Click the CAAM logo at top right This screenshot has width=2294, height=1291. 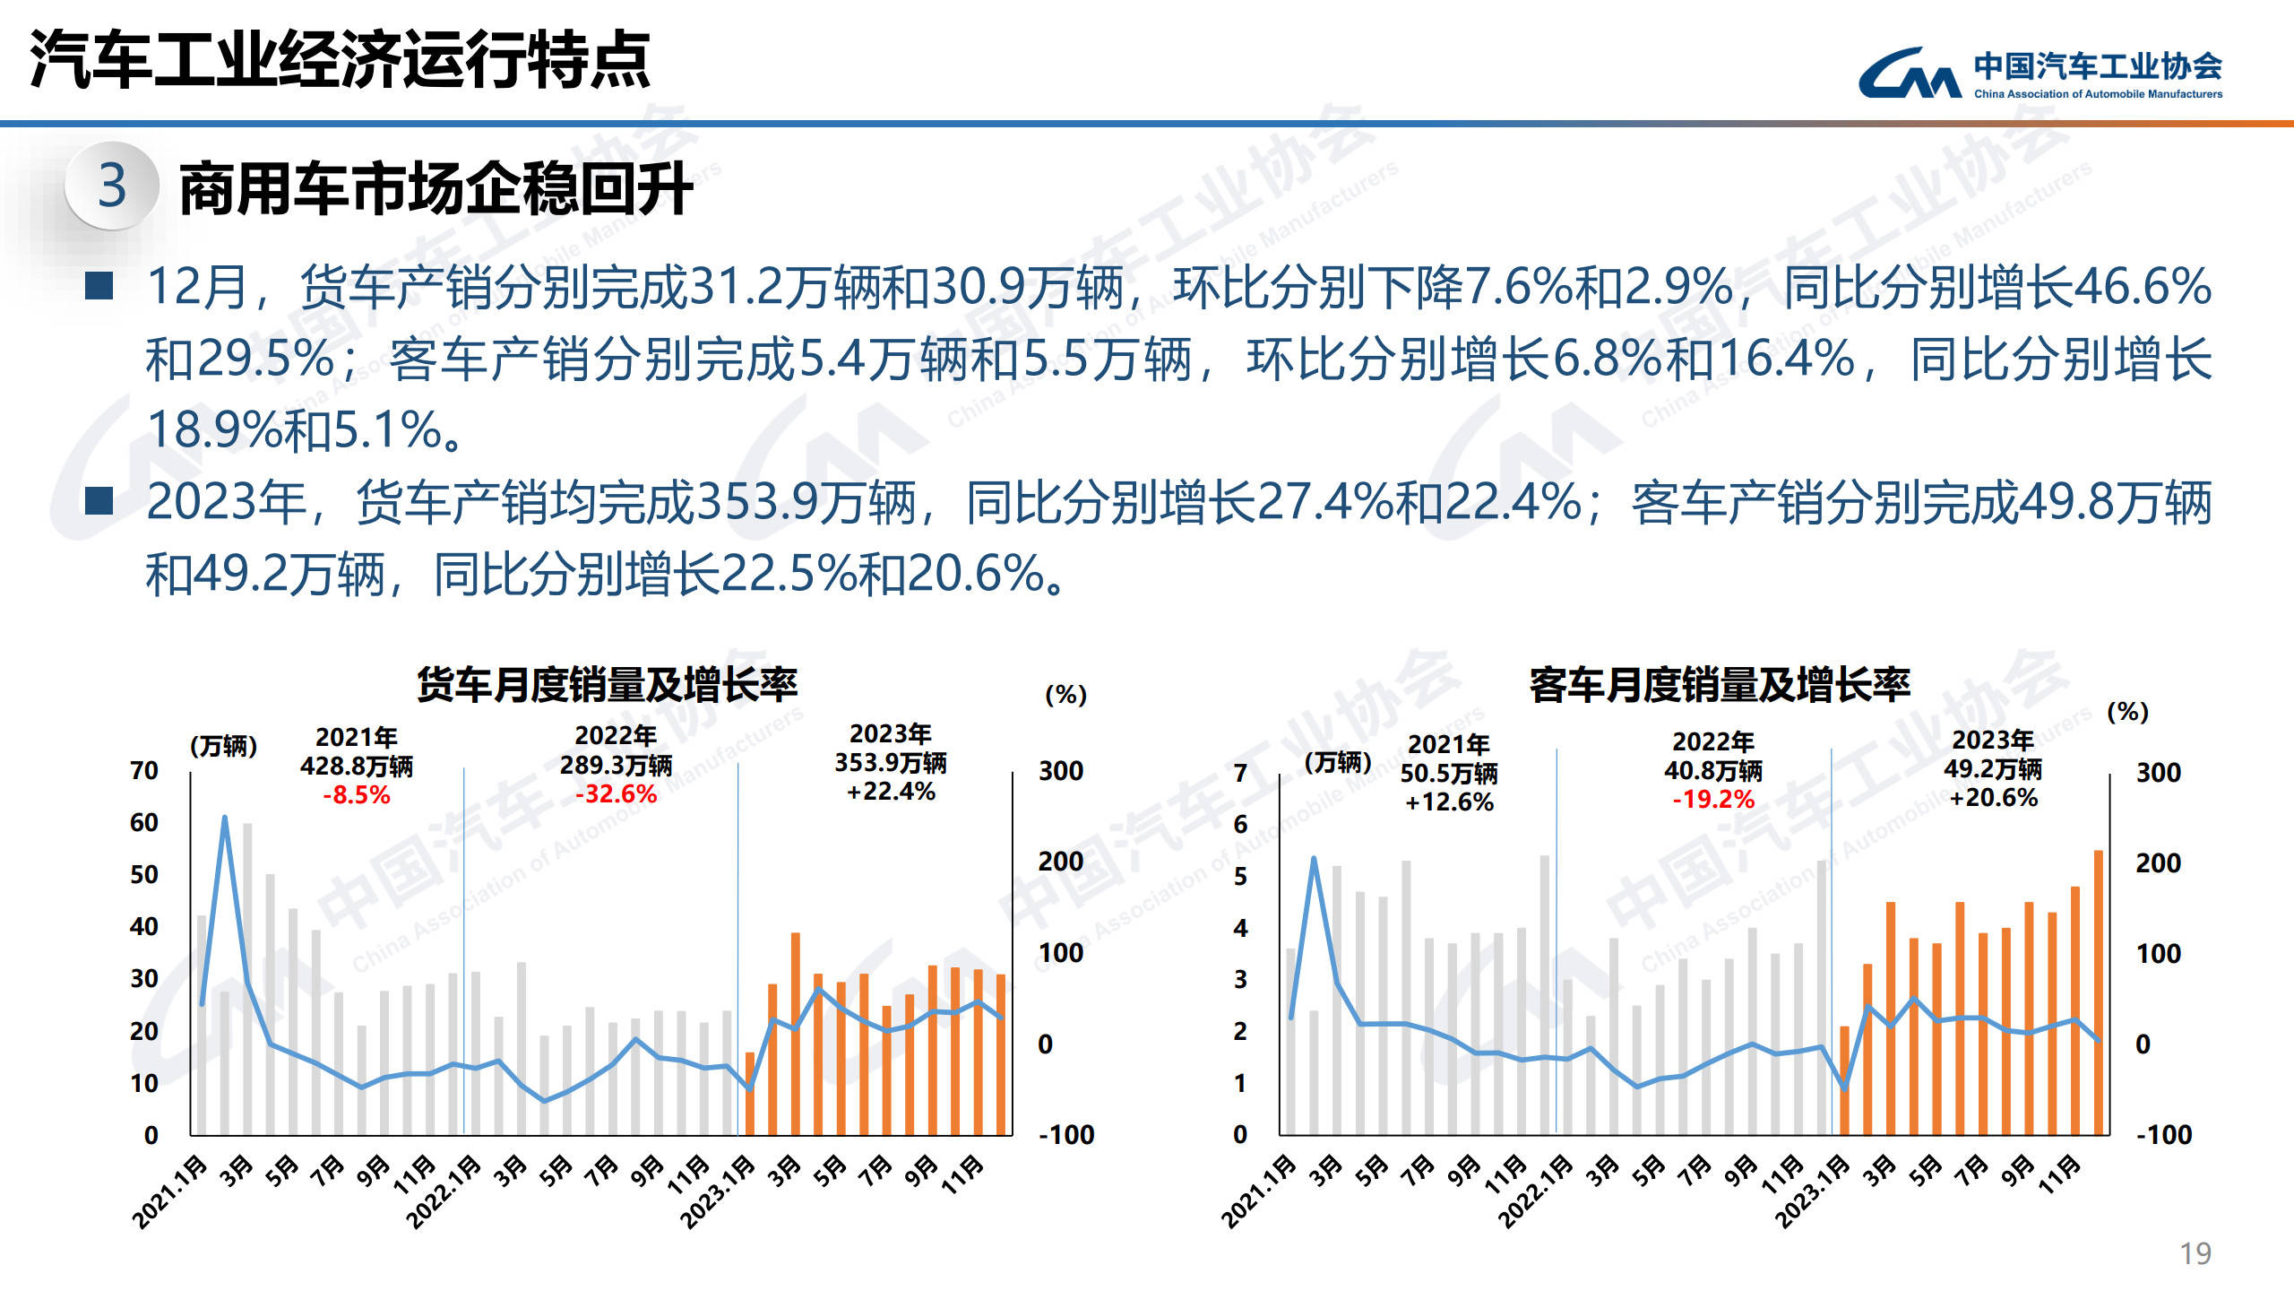(x=2040, y=73)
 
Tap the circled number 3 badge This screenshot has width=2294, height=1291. (x=112, y=186)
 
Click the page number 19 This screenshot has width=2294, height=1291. (x=2195, y=1252)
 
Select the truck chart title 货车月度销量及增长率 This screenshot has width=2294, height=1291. (x=607, y=684)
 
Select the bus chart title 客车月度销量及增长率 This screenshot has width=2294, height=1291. (x=1720, y=684)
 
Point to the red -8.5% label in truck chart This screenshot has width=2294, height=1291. (x=356, y=795)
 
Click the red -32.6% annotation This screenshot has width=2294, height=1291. (x=616, y=794)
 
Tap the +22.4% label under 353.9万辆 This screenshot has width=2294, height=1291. (x=891, y=792)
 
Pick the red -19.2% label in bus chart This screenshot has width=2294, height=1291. (x=1712, y=799)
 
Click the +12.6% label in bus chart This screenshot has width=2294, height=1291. (x=1449, y=802)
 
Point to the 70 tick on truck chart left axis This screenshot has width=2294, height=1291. (x=144, y=771)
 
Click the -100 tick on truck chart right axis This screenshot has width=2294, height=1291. (x=1066, y=1135)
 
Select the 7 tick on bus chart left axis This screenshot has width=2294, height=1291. (x=1240, y=773)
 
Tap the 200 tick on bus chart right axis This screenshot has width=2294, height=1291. (x=2158, y=863)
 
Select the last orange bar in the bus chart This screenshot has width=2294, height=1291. (x=2098, y=992)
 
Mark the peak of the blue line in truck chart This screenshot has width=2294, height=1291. (x=224, y=818)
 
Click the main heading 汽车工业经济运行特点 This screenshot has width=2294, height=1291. (x=341, y=60)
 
